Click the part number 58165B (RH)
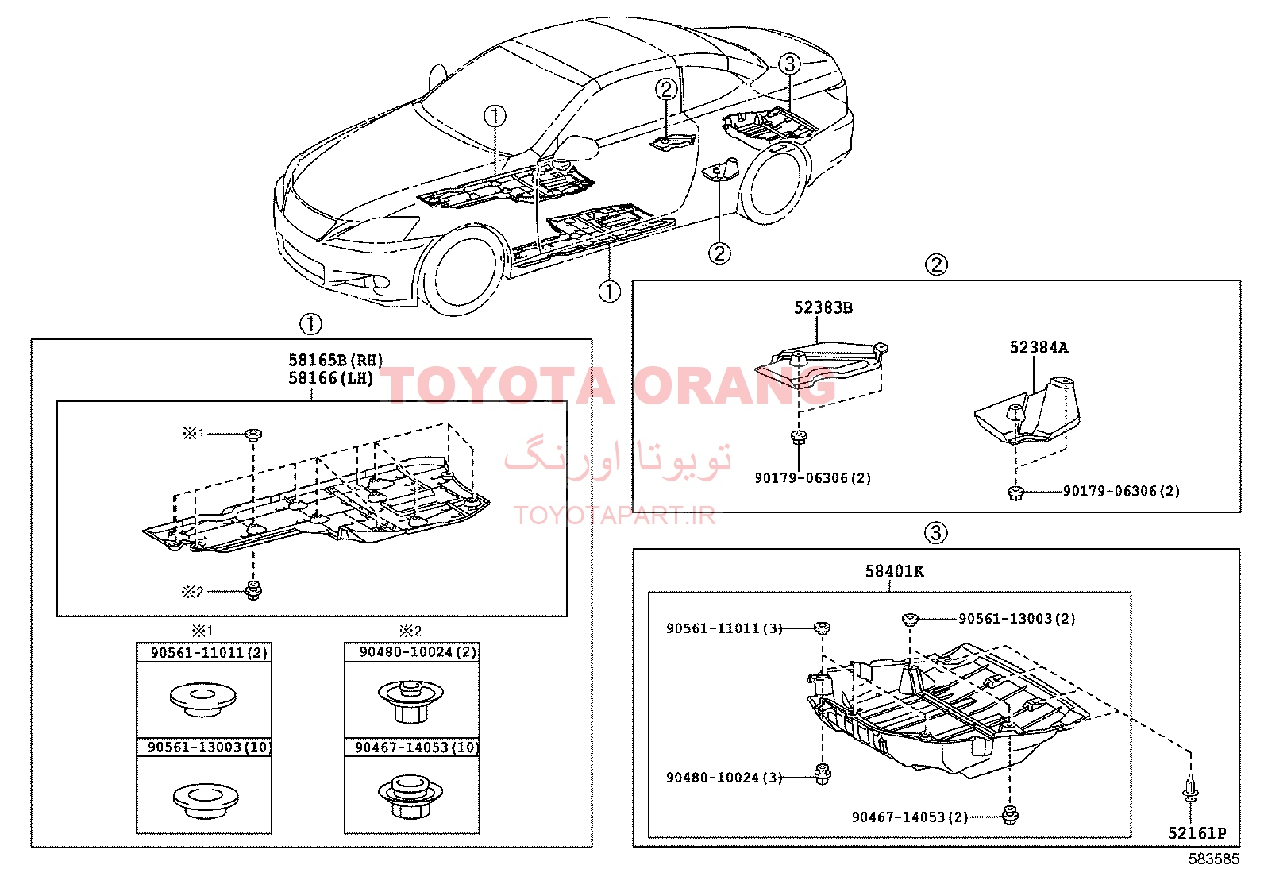(336, 361)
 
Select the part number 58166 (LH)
(331, 378)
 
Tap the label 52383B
(823, 307)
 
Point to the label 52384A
(1039, 348)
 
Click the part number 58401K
(894, 571)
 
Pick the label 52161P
(1197, 833)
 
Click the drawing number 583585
(1214, 859)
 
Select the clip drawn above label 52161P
(1190, 788)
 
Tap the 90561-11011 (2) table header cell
(204, 652)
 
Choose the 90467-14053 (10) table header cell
(412, 747)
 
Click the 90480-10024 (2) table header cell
(412, 651)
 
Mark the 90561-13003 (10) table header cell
(204, 747)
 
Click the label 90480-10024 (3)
(724, 778)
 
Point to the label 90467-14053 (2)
(910, 817)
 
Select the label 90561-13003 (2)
(1017, 618)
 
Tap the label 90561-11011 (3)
(724, 628)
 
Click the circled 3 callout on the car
(789, 64)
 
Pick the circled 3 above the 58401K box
(935, 532)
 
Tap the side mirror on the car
(576, 149)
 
